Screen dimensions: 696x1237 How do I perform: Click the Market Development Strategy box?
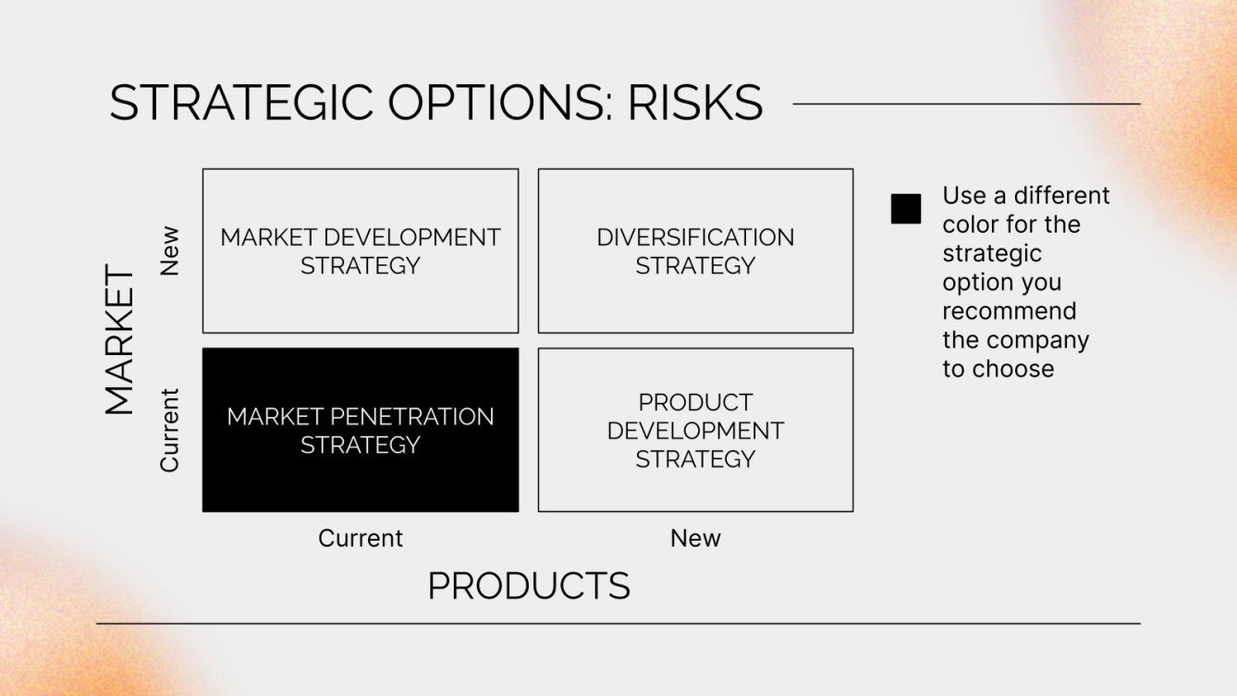coord(361,250)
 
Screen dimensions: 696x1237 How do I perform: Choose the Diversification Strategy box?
coord(695,250)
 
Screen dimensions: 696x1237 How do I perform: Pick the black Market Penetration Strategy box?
coord(361,430)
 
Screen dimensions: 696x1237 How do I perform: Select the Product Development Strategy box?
coord(695,430)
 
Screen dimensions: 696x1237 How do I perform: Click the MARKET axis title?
coord(119,341)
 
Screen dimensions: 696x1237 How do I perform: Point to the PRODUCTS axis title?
coord(529,586)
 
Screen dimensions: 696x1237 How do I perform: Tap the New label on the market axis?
coord(169,250)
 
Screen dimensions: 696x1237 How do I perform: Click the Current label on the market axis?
coord(169,430)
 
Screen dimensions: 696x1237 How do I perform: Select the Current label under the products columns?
coord(361,538)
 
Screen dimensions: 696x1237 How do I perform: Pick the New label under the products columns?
coord(695,538)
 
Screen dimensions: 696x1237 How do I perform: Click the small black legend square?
coord(906,209)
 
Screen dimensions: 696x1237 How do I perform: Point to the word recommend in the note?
coord(1009,311)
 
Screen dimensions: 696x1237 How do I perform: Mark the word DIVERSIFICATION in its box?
coord(695,238)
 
